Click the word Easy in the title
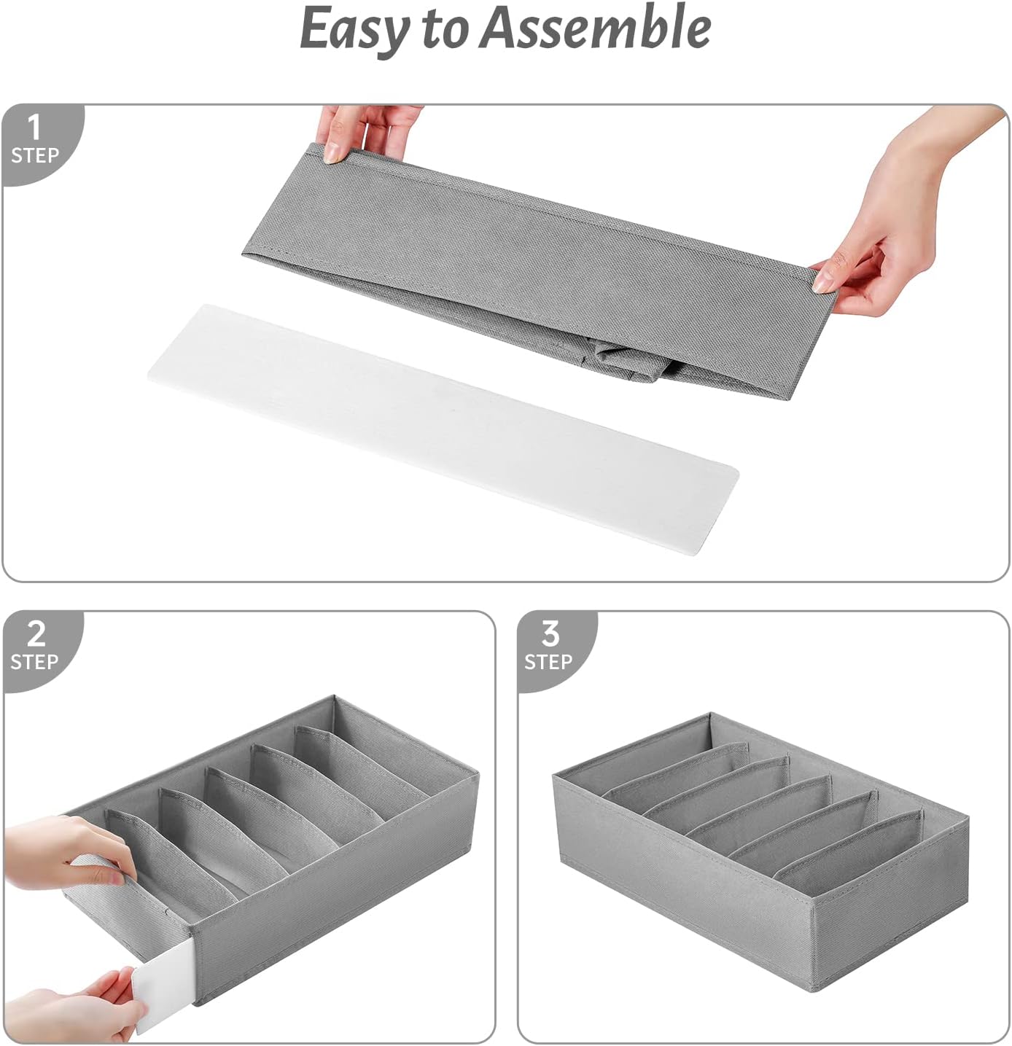tap(355, 29)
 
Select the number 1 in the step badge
tap(34, 128)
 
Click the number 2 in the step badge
tap(36, 634)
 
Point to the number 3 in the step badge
tap(550, 634)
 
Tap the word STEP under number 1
tap(35, 155)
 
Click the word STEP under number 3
tap(548, 662)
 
